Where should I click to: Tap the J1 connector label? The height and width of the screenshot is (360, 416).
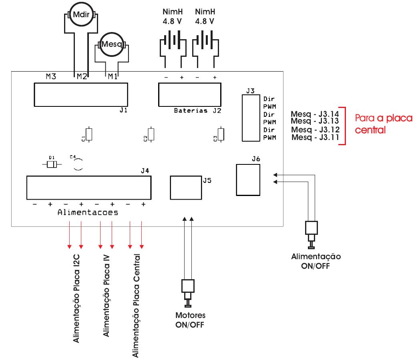coord(123,110)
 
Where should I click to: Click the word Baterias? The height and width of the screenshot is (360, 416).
coord(191,110)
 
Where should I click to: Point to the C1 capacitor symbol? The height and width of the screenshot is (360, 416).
coord(89,135)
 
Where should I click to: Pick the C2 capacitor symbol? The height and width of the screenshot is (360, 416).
coord(151,134)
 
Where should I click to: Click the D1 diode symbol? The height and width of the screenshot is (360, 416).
coord(52,164)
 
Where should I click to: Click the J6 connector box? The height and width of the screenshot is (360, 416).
coord(248,180)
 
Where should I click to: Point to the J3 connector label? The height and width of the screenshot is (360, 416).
coord(250,91)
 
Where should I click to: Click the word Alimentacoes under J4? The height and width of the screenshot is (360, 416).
coord(88,213)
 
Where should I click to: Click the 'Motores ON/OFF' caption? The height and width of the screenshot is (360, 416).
coord(190,320)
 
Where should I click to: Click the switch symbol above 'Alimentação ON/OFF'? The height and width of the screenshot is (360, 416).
coord(311,234)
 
